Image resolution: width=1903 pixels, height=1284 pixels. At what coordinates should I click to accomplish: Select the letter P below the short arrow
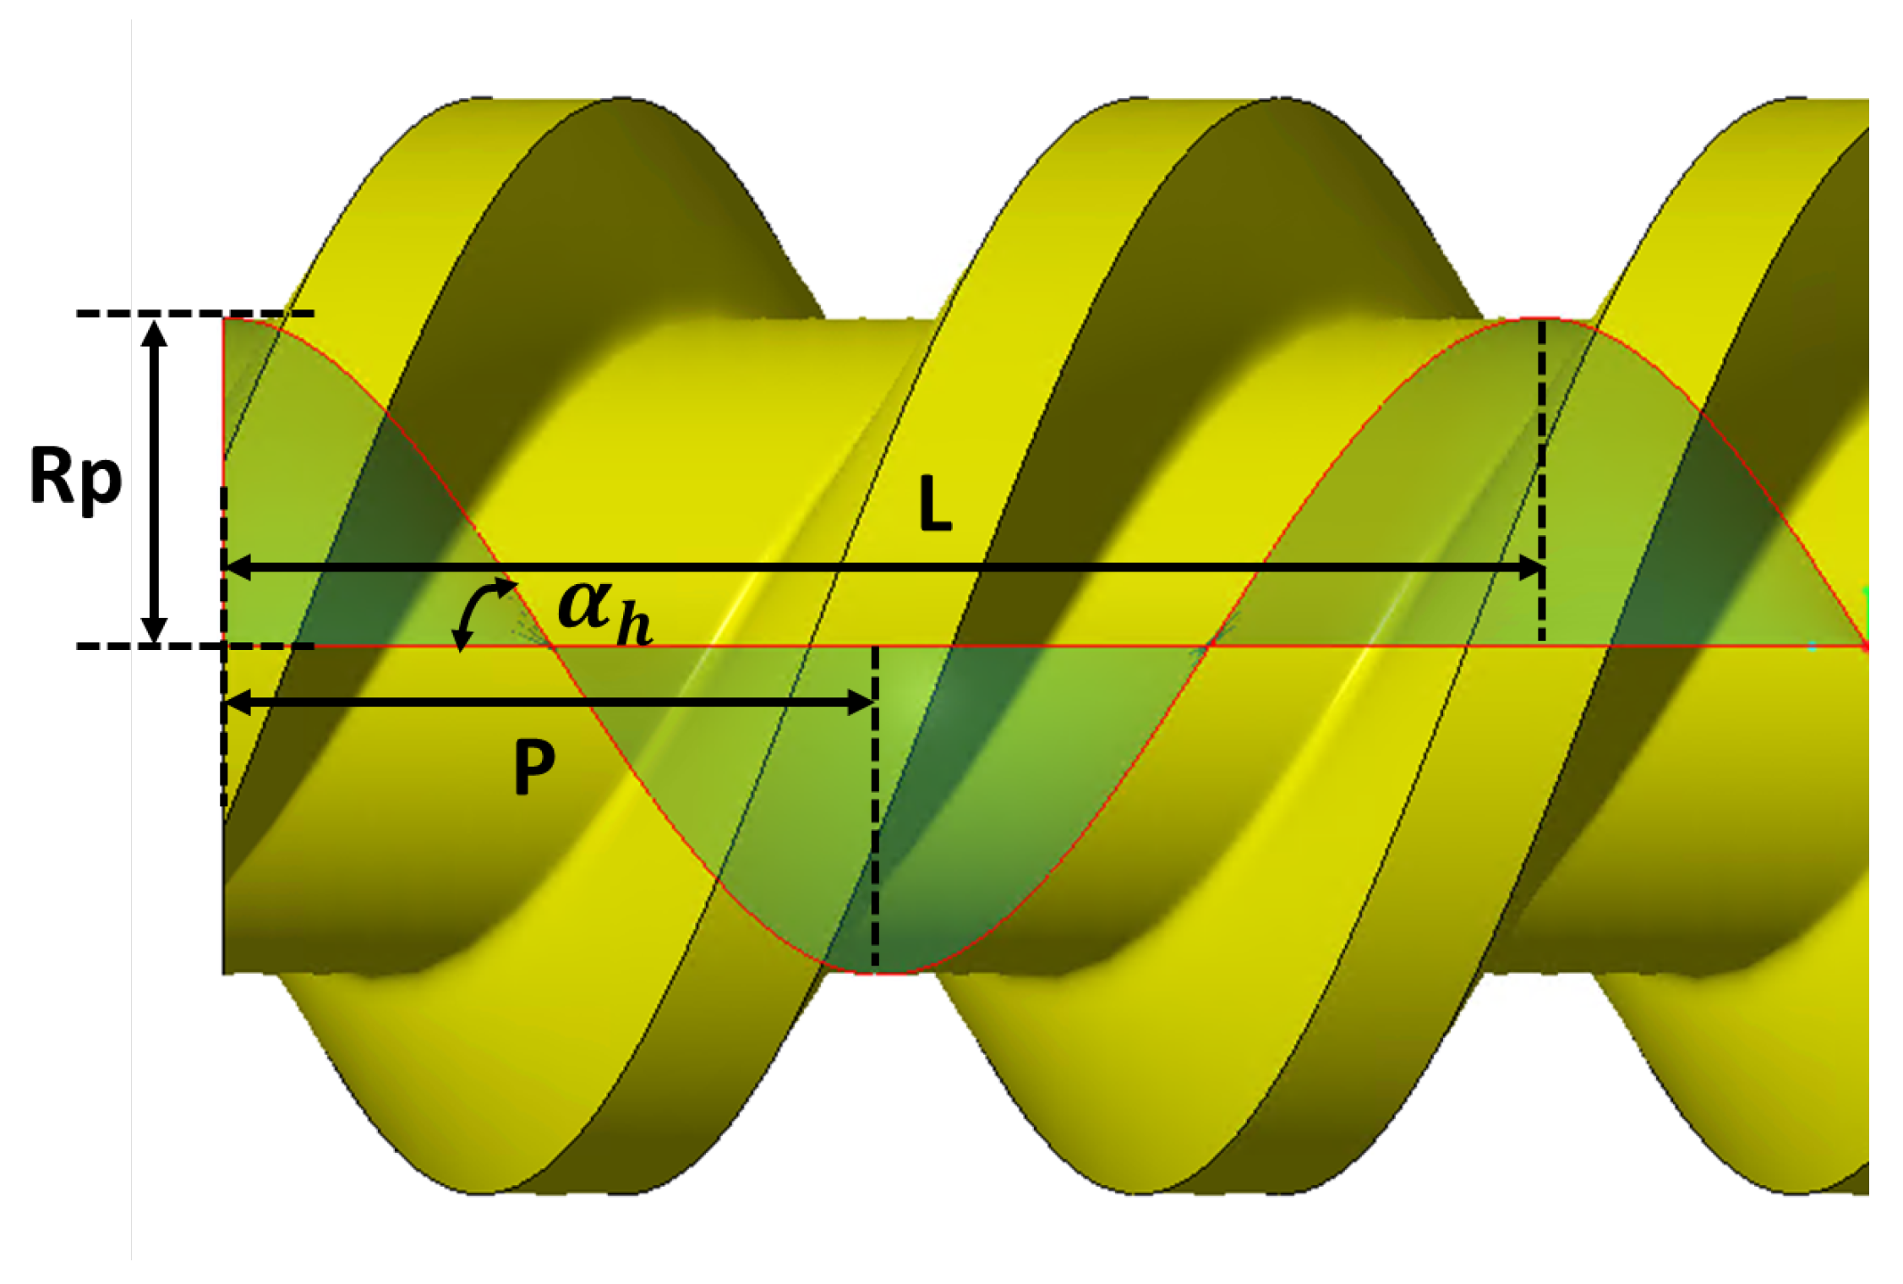click(x=534, y=767)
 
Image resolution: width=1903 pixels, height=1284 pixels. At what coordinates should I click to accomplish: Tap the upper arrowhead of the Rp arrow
click(x=154, y=333)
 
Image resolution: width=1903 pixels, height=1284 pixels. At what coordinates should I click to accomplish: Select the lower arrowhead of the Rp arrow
click(x=154, y=631)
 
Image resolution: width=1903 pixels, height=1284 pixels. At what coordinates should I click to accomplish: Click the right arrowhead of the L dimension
click(x=1531, y=568)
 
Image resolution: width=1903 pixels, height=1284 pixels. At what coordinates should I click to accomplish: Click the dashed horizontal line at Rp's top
click(x=194, y=314)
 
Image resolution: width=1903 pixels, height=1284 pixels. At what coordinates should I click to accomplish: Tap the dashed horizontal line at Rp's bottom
click(x=194, y=647)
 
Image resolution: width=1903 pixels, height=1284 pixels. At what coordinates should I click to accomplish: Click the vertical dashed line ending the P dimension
click(x=875, y=811)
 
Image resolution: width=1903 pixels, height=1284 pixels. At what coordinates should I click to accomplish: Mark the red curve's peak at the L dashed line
click(x=1542, y=320)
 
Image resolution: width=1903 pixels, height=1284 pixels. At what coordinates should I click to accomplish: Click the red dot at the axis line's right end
click(x=1865, y=647)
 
